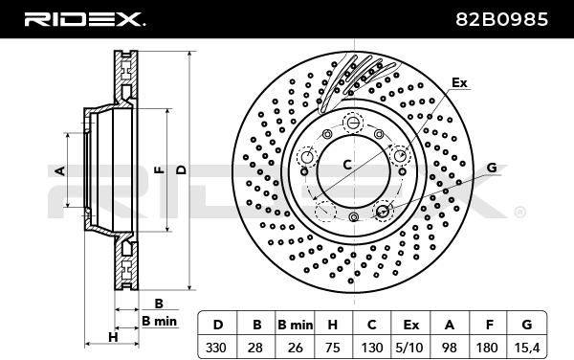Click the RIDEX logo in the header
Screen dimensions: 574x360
tap(84, 19)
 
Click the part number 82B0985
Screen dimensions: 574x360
tap(501, 19)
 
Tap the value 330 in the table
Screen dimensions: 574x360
tap(216, 348)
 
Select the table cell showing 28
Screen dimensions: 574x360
tap(254, 348)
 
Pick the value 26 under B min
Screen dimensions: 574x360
tap(295, 348)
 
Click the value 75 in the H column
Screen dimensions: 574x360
tap(332, 348)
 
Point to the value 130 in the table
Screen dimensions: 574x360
tap(372, 348)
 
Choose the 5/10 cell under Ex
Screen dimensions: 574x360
tap(410, 348)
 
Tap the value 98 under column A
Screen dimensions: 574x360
tap(449, 348)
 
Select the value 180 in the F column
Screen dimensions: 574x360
tap(487, 348)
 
